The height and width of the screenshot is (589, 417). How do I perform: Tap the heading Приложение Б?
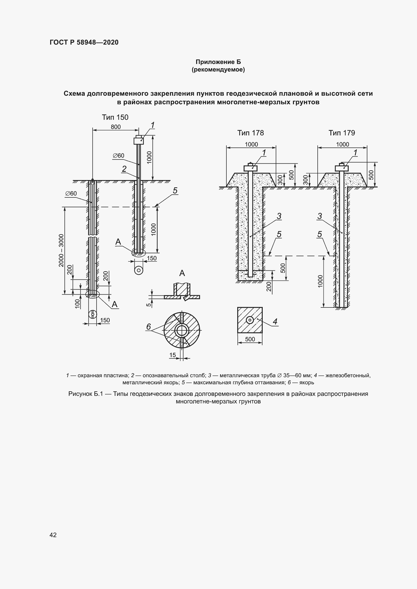(x=218, y=62)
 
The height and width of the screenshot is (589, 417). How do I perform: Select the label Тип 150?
(x=115, y=117)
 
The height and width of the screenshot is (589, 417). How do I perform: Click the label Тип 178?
(x=250, y=133)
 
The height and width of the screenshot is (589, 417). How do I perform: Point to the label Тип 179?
(x=342, y=133)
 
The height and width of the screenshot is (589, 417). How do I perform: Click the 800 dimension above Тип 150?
(x=115, y=127)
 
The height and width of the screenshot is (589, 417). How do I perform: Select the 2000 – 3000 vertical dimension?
(x=61, y=250)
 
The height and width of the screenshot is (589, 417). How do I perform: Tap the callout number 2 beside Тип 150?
(x=124, y=169)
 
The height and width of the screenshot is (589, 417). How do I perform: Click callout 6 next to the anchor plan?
(x=148, y=327)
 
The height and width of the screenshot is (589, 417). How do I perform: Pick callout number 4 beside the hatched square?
(x=275, y=321)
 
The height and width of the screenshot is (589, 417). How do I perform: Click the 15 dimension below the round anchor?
(x=172, y=355)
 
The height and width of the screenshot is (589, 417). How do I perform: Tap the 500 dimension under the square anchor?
(x=250, y=339)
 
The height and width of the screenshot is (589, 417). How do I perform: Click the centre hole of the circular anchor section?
(x=182, y=330)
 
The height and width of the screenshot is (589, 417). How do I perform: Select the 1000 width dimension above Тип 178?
(x=251, y=145)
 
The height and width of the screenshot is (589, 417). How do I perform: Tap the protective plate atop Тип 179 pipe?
(x=342, y=168)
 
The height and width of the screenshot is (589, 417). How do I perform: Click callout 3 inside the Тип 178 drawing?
(x=279, y=216)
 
